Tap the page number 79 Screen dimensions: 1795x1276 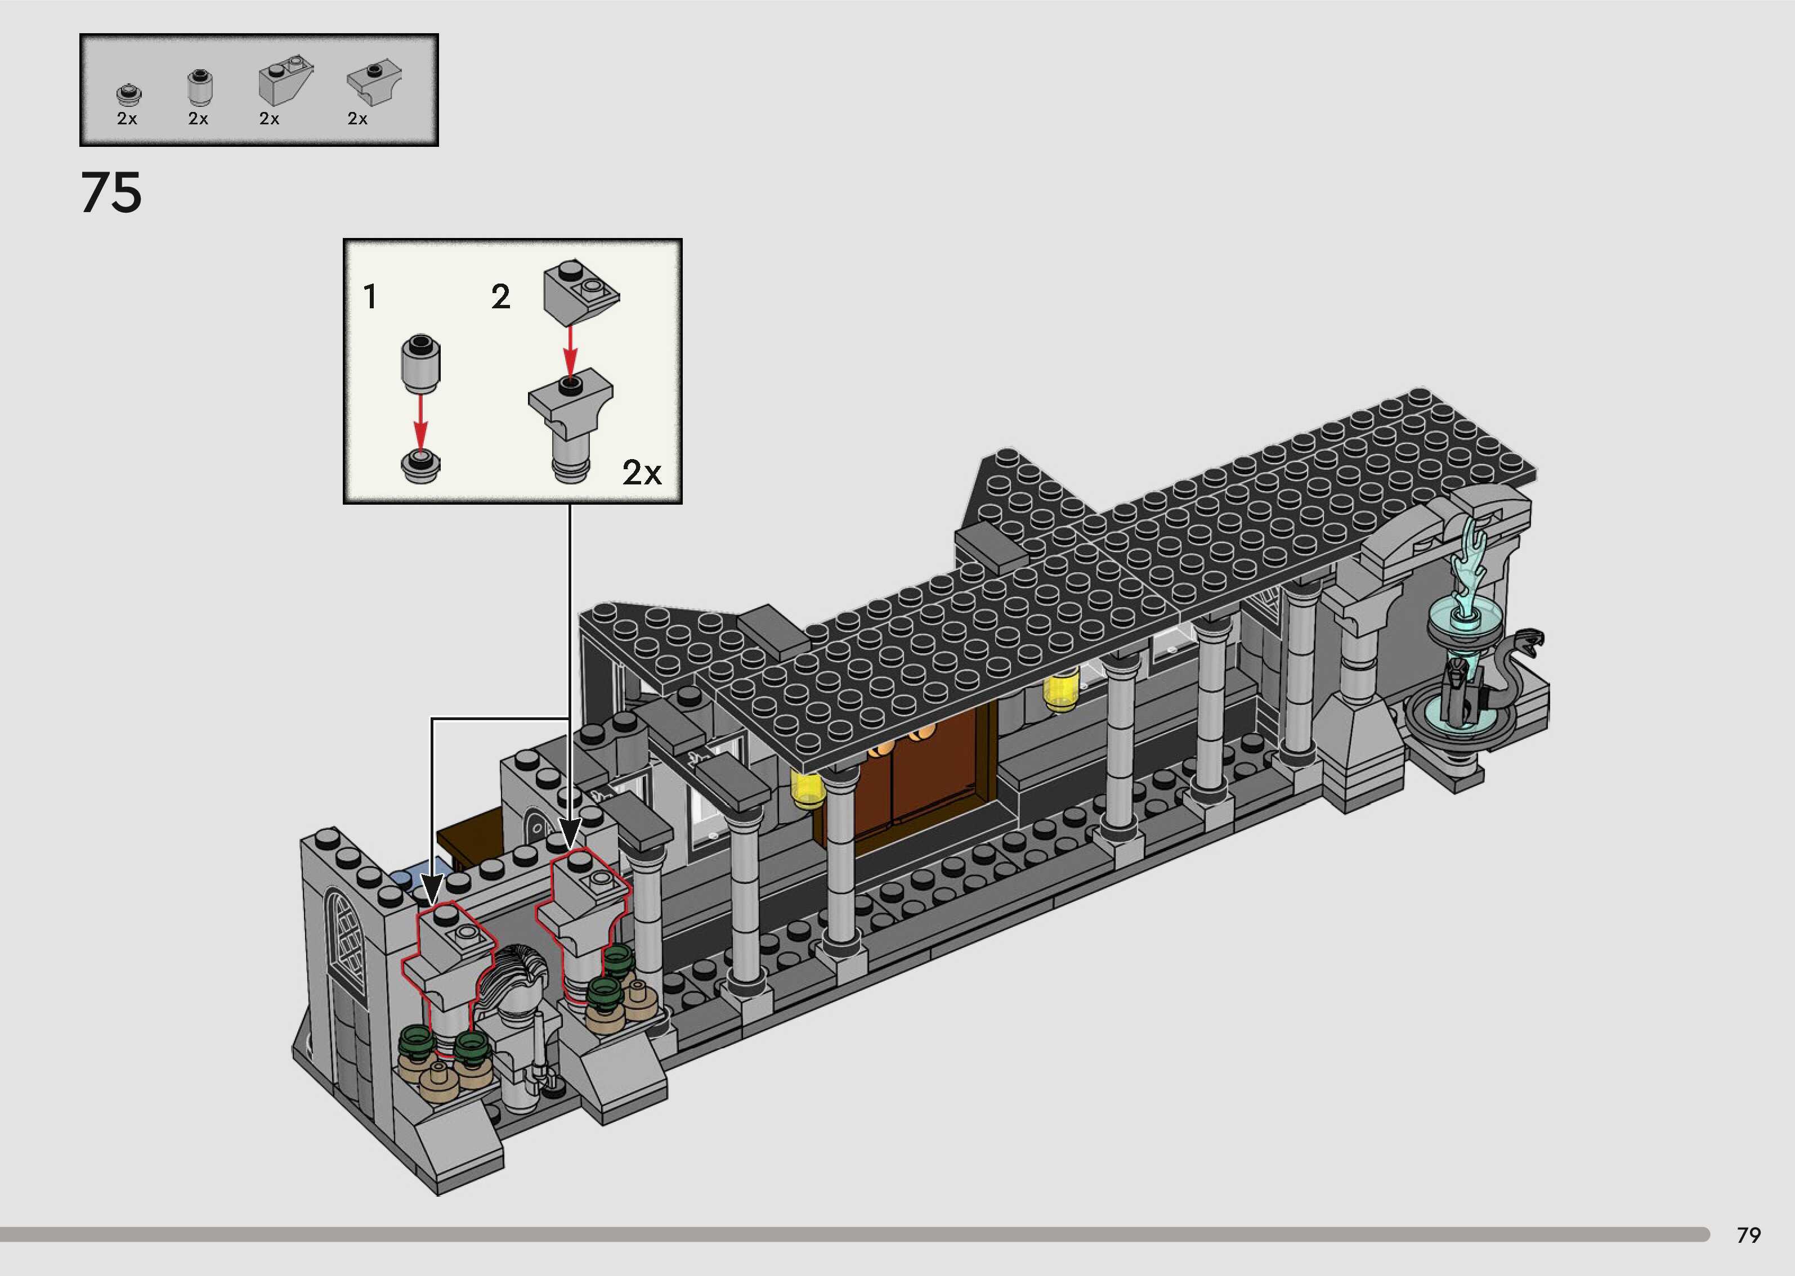pyautogui.click(x=1749, y=1235)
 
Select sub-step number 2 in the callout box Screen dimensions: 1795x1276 pyautogui.click(x=500, y=297)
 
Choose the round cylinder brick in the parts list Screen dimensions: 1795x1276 pyautogui.click(x=200, y=87)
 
